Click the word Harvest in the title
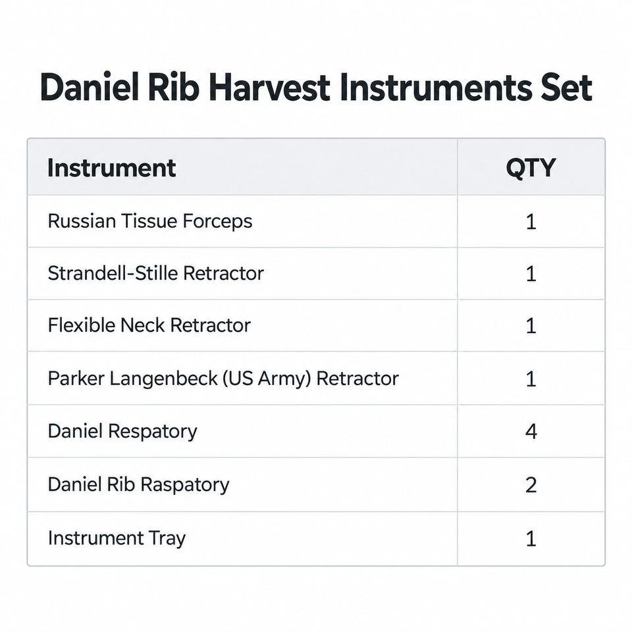270,87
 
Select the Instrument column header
112,168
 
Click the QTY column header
531,168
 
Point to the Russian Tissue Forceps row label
150,221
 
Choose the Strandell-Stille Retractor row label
155,273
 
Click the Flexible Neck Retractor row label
149,325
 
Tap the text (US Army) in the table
267,379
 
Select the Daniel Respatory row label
122,431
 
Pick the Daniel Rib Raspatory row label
138,484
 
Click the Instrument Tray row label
117,538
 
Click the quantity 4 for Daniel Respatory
531,431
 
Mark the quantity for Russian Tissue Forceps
531,222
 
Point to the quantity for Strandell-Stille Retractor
531,274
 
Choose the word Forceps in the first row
217,221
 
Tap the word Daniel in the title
91,87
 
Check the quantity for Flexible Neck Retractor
531,326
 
